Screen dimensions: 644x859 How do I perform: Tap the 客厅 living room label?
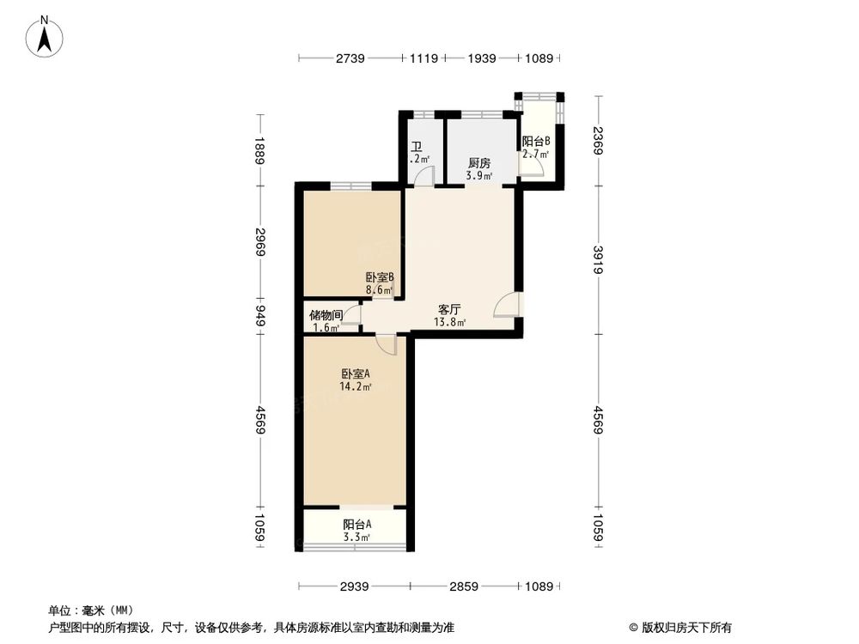click(450, 309)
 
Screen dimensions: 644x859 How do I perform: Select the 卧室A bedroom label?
click(356, 374)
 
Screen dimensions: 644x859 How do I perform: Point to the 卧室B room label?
click(379, 277)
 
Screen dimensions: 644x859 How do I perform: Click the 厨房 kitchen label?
click(479, 163)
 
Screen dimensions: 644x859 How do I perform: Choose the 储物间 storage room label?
click(326, 315)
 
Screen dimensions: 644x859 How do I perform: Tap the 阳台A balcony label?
click(356, 525)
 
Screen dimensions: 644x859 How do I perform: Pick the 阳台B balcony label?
click(536, 142)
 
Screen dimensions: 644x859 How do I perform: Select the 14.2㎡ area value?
click(356, 387)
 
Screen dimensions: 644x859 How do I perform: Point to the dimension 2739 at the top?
click(350, 58)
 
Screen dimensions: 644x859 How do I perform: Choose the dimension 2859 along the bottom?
click(465, 586)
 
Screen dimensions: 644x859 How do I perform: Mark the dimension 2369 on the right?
click(598, 139)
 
